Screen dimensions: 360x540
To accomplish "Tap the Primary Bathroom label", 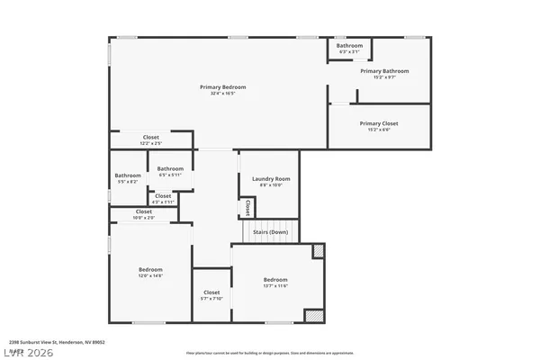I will coord(384,70).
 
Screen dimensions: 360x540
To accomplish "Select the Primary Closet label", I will coord(378,123).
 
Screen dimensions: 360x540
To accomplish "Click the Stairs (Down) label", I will coord(270,232).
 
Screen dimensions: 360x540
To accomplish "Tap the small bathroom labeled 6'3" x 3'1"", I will coord(349,48).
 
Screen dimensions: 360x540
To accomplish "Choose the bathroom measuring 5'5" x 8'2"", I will coord(128,178).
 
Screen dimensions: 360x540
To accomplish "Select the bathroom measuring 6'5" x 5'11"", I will coord(170,171).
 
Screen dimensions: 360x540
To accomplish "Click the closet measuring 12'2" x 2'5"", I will coord(150,139).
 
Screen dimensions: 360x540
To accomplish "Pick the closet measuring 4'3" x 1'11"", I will coord(163,198).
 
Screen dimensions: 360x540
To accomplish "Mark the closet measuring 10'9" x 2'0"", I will coord(143,214).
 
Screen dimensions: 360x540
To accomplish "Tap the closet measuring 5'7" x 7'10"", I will coord(211,294).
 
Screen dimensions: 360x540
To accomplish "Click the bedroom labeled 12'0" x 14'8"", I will coord(150,272).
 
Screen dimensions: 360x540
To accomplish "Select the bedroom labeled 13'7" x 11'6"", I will coord(275,282).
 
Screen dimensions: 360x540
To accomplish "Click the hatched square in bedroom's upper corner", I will coord(317,250).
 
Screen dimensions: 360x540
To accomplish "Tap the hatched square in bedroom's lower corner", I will coord(313,315).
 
